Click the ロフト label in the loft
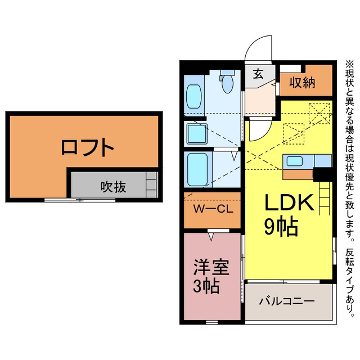tap(88, 147)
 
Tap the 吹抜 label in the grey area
tap(113, 187)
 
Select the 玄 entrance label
tap(258, 74)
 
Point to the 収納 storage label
tap(302, 82)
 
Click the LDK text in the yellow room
tap(289, 202)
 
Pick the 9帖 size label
tap(281, 227)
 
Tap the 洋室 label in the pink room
tap(211, 267)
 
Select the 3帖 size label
tap(206, 286)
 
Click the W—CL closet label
tap(213, 209)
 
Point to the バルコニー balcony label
tap(287, 301)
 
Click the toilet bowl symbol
tap(227, 84)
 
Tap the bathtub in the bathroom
tap(197, 170)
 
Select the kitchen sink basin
tap(294, 161)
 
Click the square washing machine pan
tap(197, 134)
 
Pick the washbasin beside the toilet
tap(193, 96)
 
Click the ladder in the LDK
tap(325, 199)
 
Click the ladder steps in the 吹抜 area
tap(152, 185)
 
